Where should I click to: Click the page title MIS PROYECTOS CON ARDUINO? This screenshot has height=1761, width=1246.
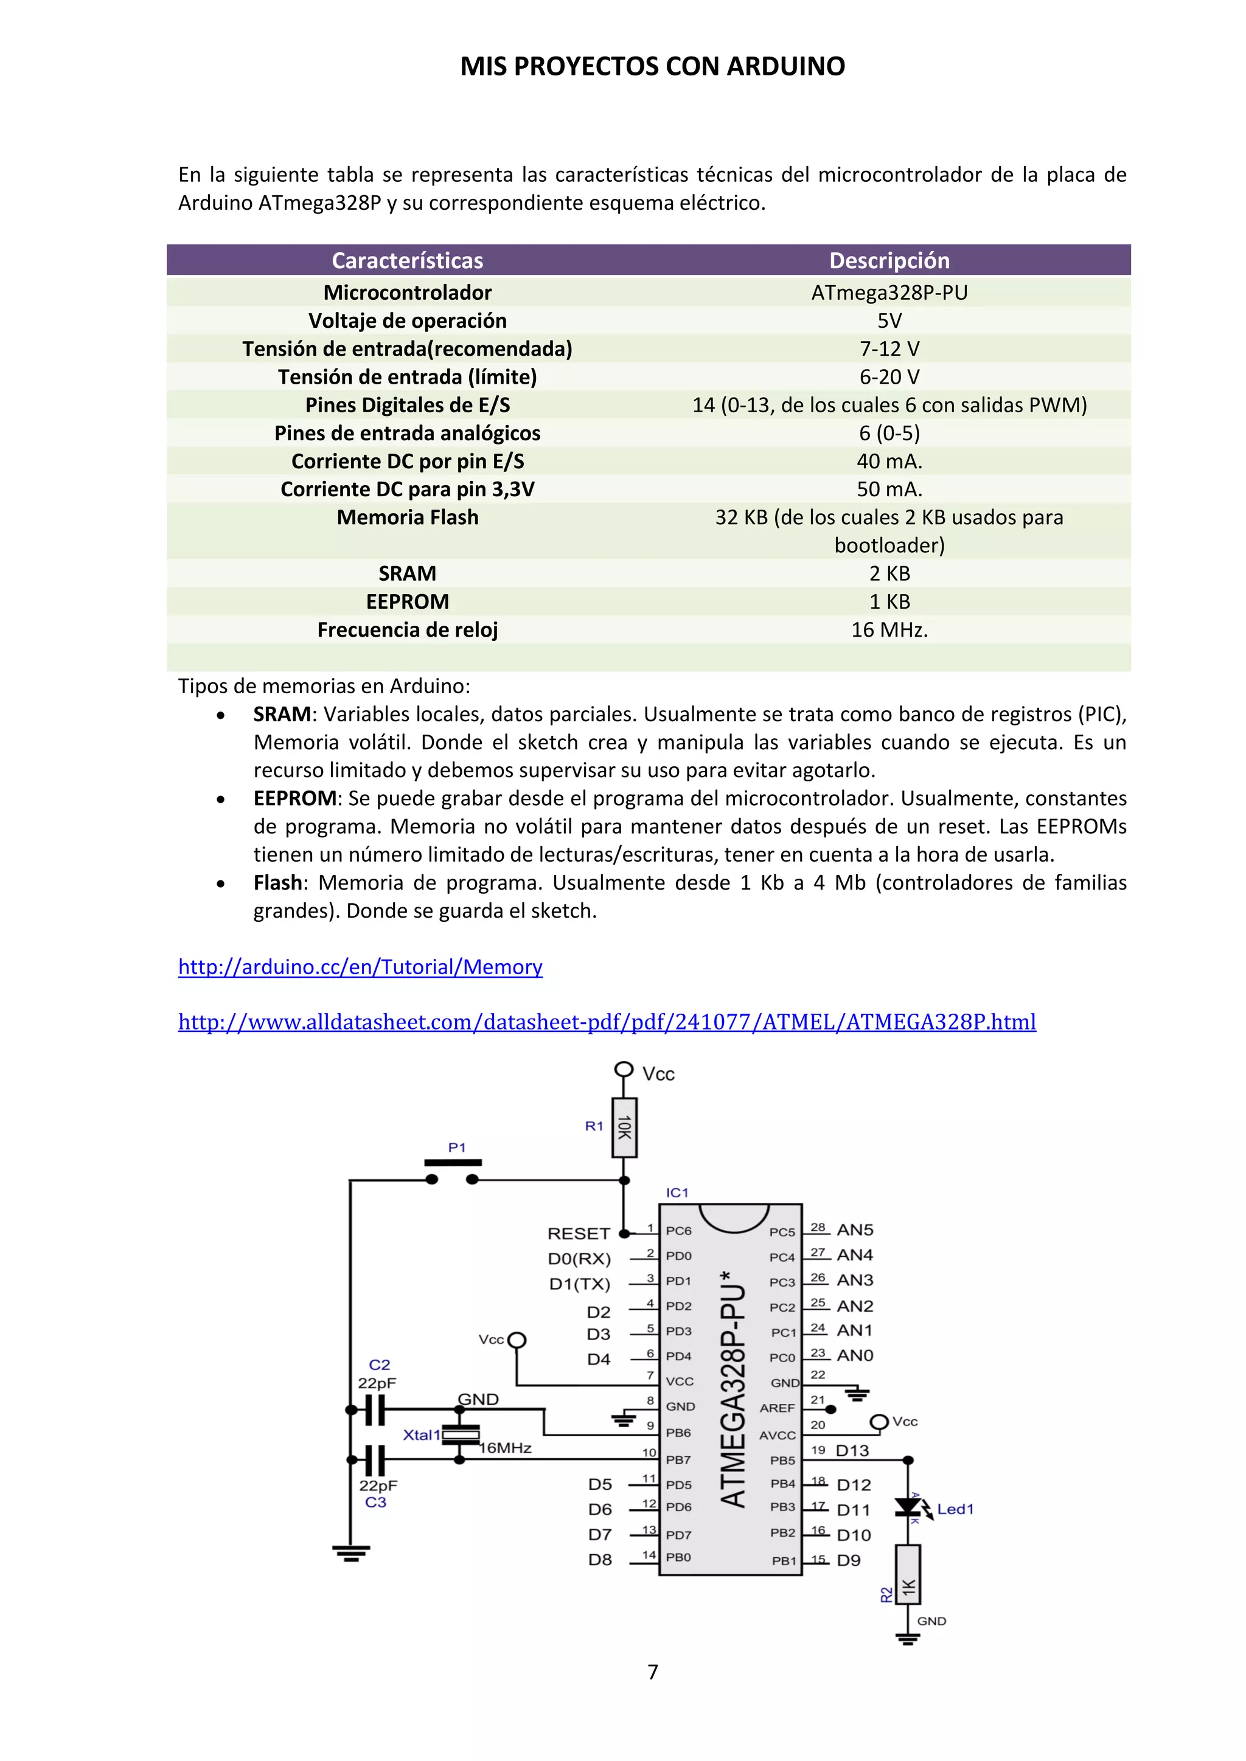click(x=652, y=67)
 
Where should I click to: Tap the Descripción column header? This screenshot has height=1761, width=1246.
click(x=889, y=261)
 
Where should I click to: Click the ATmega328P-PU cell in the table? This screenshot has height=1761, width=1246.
click(x=889, y=292)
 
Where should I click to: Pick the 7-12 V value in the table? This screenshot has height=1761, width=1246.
click(x=889, y=349)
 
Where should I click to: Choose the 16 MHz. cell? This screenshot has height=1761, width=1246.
click(x=889, y=630)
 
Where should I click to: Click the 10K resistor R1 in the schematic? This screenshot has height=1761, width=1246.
click(x=624, y=1127)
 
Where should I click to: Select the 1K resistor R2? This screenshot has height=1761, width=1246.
click(x=908, y=1585)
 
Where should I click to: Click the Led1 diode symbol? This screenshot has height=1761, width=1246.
click(x=908, y=1507)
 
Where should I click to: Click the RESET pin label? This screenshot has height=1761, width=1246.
click(x=579, y=1233)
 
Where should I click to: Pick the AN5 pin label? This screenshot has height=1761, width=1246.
click(x=855, y=1230)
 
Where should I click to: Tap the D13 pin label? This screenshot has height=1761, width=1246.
click(x=852, y=1450)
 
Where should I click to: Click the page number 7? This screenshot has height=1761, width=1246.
click(x=653, y=1672)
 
